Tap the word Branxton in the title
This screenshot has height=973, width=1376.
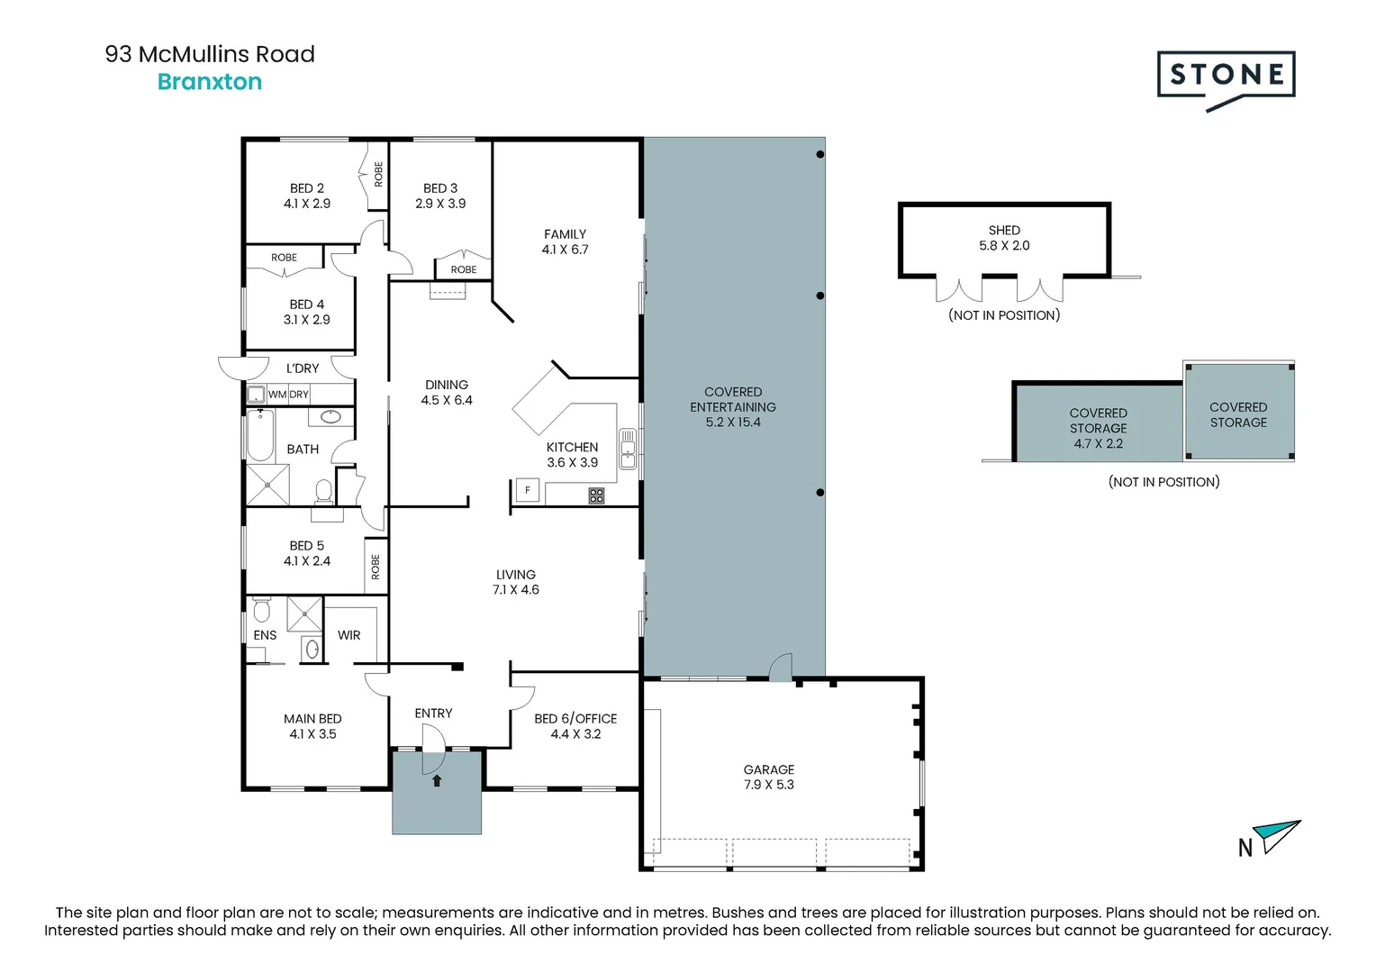coord(210,82)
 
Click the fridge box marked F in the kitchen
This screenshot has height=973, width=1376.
coord(527,490)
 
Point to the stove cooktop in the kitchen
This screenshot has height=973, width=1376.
coord(596,495)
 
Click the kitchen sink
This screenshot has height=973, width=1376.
coord(628,449)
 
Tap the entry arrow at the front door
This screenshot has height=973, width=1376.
coord(437,780)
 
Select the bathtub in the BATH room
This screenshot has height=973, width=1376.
coord(260,435)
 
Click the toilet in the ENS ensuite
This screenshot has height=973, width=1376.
coord(261,612)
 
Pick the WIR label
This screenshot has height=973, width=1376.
coord(349,635)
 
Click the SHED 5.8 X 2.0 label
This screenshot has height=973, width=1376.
coord(1004,238)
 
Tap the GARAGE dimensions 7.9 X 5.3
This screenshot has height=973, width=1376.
coord(769,785)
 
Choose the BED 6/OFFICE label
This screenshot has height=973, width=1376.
coord(575,719)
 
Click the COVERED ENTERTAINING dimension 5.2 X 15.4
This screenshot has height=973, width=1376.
coord(733,423)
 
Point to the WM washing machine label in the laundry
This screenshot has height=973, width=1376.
coord(277,395)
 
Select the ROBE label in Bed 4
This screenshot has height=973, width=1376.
coord(284,258)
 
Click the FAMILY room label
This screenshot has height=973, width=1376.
coord(565,234)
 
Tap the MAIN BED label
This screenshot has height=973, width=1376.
coord(312,719)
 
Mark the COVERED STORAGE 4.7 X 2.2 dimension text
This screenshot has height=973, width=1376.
coord(1098,443)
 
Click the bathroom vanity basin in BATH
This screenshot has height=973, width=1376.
coord(330,416)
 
